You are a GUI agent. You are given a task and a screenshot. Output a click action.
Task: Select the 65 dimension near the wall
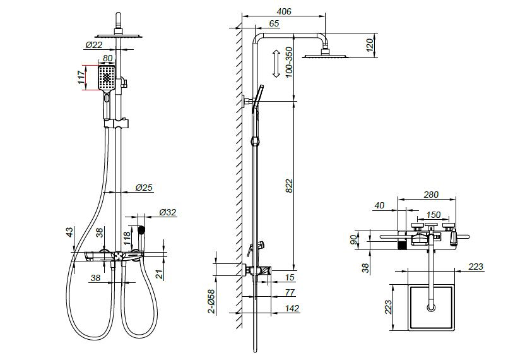click(274, 23)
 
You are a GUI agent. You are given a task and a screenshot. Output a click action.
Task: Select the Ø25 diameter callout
click(144, 188)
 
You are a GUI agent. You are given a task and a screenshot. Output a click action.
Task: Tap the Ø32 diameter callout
click(168, 212)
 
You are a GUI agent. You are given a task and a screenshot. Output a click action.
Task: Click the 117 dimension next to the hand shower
click(81, 77)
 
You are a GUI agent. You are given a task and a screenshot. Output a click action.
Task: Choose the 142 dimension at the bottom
click(292, 308)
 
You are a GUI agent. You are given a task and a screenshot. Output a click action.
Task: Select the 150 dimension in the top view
click(433, 215)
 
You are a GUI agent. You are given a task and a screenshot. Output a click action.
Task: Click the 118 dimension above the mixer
click(127, 238)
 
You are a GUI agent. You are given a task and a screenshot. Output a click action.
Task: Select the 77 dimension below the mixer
click(290, 292)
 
